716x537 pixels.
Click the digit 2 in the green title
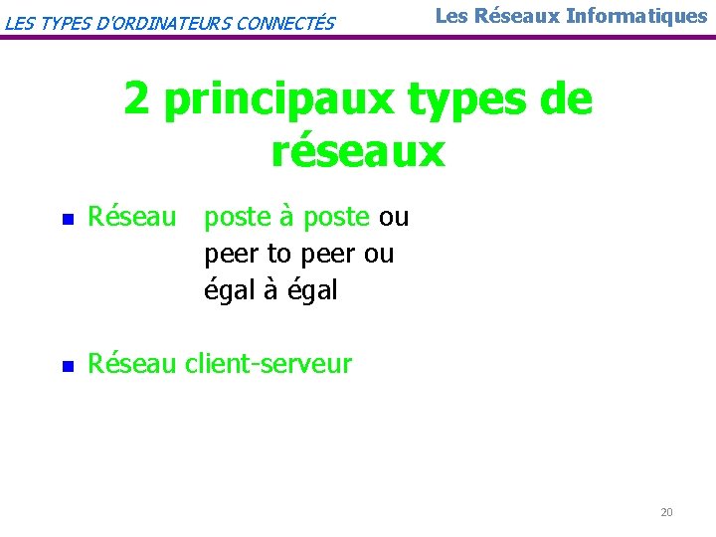[138, 100]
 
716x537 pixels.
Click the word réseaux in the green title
[358, 151]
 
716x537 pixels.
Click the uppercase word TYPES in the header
[65, 22]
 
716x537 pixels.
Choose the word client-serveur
[268, 364]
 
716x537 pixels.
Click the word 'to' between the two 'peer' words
[279, 255]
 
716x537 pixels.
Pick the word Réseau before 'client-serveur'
[131, 364]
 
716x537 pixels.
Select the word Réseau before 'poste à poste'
[131, 216]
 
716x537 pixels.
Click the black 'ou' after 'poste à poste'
[394, 217]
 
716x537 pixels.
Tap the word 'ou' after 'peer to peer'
[379, 255]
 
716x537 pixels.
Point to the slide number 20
[666, 512]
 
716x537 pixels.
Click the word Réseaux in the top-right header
[525, 16]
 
